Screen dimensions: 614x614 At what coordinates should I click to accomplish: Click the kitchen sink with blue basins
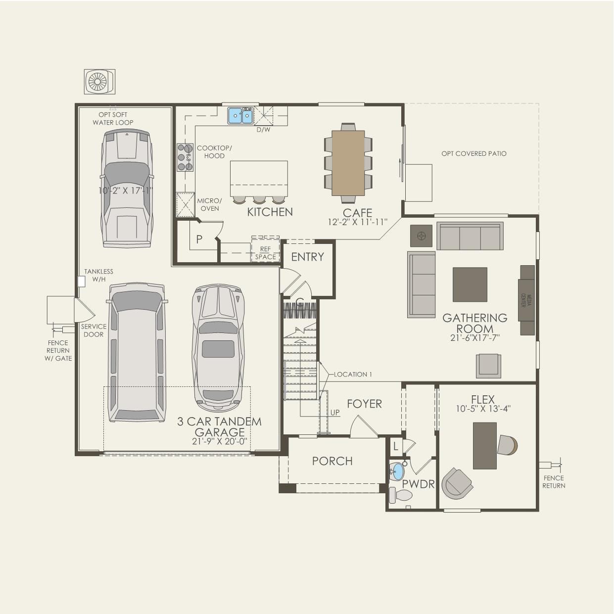point(240,116)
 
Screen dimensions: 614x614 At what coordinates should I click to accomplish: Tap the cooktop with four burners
point(185,157)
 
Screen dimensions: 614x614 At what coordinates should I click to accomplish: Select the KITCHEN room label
point(270,212)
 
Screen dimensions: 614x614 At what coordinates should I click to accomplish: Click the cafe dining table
point(348,163)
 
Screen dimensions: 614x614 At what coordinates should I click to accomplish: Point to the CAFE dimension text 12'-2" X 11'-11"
point(357,223)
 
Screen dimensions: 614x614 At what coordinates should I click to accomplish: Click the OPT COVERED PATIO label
point(473,154)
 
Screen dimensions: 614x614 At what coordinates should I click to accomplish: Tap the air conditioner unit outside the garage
point(99,82)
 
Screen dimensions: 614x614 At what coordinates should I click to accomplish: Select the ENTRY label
point(307,257)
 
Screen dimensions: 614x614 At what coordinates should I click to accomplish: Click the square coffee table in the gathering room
point(470,284)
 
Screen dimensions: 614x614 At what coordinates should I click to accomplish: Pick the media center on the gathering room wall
point(526,300)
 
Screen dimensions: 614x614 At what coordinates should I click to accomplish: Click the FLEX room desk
point(484,445)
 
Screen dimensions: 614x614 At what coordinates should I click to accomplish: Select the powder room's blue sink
point(397,472)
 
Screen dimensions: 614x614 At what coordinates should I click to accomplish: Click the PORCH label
point(332,461)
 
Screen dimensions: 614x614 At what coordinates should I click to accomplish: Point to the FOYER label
point(364,404)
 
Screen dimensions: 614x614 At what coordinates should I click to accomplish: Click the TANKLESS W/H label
point(98,276)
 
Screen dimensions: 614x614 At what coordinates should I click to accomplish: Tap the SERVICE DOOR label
point(94,331)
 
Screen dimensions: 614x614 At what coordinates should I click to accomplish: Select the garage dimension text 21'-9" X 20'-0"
point(219,441)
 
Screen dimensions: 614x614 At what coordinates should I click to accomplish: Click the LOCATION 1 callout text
point(353,375)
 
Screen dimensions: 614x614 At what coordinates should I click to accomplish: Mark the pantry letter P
point(199,239)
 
